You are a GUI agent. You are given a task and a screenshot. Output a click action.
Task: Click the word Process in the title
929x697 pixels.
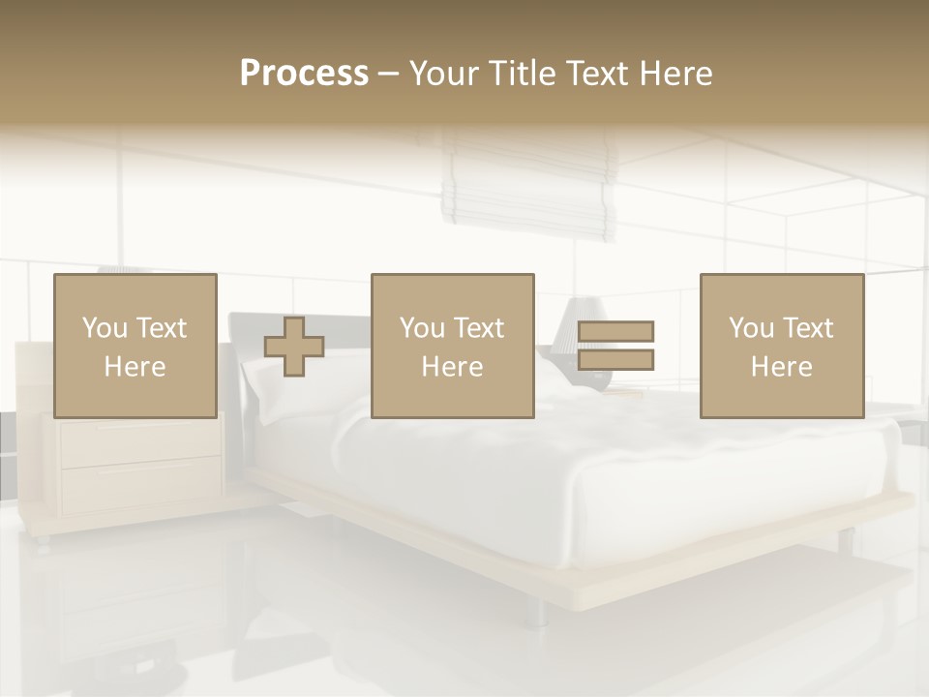[x=304, y=74]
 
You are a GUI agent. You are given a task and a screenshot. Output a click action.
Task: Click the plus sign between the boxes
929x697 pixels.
[x=294, y=347]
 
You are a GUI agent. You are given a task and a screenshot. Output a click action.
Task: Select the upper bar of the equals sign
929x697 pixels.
[x=615, y=331]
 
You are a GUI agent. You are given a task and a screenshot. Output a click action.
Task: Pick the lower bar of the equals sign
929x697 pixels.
[x=615, y=359]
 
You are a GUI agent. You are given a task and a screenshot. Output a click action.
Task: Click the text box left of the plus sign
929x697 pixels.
[x=135, y=346]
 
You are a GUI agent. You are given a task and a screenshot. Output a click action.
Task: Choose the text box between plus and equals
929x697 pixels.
[x=452, y=346]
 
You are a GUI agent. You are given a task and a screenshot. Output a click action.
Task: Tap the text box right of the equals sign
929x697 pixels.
[x=781, y=346]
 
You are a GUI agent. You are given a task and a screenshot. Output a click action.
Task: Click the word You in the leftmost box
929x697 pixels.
[x=105, y=327]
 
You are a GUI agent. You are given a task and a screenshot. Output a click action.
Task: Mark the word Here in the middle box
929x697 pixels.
[x=452, y=367]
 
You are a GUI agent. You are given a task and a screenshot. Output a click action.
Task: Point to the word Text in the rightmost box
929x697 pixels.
[x=808, y=327]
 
